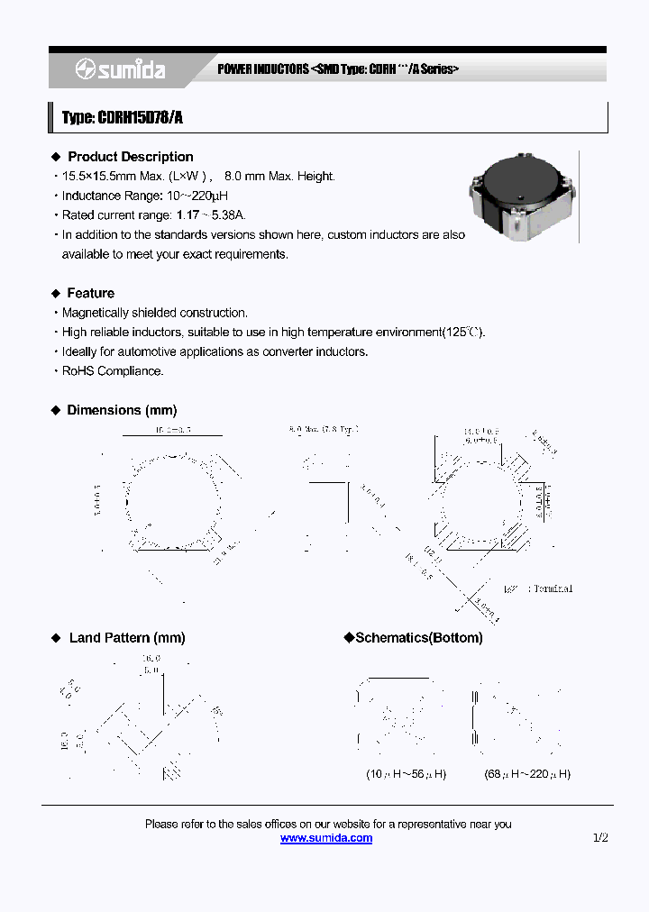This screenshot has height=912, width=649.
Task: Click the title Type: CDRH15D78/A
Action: click(x=123, y=117)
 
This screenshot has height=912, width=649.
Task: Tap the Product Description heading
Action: click(x=130, y=157)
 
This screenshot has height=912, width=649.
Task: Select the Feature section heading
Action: click(x=90, y=293)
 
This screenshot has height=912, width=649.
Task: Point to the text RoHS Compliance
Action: click(x=113, y=371)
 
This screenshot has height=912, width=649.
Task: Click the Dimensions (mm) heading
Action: click(x=122, y=410)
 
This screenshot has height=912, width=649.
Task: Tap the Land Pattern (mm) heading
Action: click(x=126, y=638)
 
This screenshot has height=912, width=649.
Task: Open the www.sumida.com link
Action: click(x=326, y=838)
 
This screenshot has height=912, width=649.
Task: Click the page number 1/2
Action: click(x=600, y=838)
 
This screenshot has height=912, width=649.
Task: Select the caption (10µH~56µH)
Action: click(x=406, y=774)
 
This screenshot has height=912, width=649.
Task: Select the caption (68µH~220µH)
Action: click(x=527, y=774)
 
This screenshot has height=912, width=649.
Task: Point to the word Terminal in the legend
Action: click(x=552, y=588)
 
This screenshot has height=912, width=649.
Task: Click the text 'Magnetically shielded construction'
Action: click(x=154, y=313)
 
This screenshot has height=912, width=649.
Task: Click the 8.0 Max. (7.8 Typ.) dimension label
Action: click(x=323, y=430)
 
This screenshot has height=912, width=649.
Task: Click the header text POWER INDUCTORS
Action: click(x=263, y=69)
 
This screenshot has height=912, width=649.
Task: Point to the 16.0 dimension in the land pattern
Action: click(x=151, y=660)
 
